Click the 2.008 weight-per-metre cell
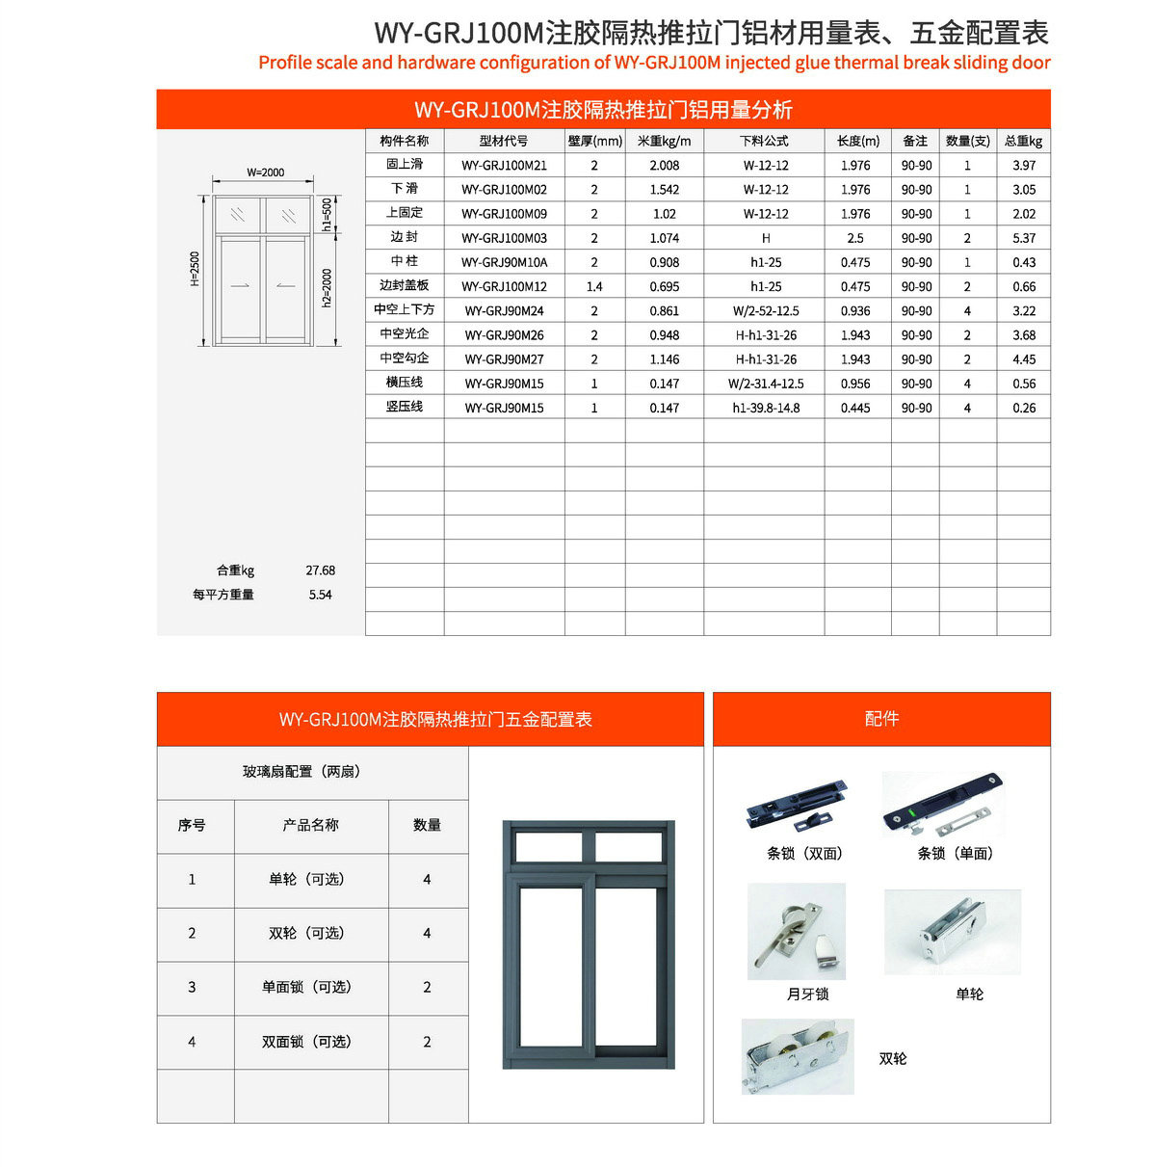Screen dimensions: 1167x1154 click(664, 166)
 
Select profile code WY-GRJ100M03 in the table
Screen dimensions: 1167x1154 click(504, 238)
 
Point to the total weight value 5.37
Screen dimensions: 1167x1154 click(1024, 238)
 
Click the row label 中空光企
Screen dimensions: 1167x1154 click(405, 334)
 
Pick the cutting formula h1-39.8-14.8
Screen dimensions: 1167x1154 click(766, 408)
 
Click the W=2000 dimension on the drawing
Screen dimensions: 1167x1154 click(265, 172)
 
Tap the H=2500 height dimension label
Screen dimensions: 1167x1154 click(196, 269)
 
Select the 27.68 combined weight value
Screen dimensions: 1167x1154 click(320, 570)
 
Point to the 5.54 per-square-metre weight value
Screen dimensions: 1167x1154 click(320, 595)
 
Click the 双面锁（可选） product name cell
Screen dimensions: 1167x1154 click(310, 1042)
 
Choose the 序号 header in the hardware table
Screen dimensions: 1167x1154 click(192, 826)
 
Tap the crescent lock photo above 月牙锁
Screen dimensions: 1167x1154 click(796, 932)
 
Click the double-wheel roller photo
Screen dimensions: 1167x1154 click(798, 1056)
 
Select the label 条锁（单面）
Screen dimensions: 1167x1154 click(955, 854)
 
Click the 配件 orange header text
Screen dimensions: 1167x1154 click(881, 719)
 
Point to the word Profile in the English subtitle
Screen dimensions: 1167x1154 click(284, 63)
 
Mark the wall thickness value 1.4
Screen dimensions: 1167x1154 click(594, 286)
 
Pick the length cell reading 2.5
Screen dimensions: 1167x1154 click(854, 238)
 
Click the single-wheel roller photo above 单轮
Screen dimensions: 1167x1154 click(952, 932)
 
